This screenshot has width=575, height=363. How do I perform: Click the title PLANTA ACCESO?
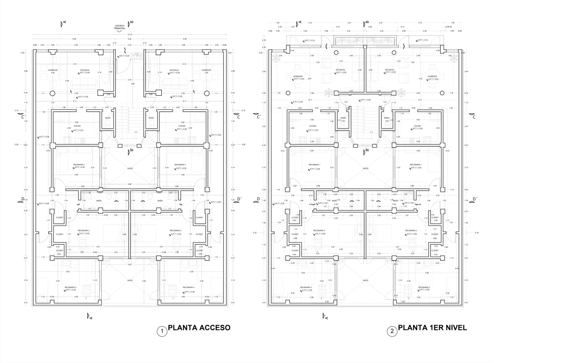(x=199, y=328)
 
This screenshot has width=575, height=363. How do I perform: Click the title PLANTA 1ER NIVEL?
(x=432, y=328)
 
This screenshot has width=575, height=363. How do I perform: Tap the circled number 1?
(x=162, y=332)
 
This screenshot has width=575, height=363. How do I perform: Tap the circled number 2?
(x=392, y=332)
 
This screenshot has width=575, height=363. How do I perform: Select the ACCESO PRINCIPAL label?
(x=120, y=27)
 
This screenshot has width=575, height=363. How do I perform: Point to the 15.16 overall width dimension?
(x=130, y=35)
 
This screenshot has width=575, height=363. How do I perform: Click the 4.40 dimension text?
(x=130, y=184)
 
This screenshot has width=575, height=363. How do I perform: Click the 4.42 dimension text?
(x=130, y=264)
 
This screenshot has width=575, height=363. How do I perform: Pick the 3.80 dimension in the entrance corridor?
(x=133, y=84)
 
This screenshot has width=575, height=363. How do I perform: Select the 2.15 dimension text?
(x=130, y=80)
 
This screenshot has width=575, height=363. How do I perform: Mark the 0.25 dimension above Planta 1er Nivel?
(x=370, y=27)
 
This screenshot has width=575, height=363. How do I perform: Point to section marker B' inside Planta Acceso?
(x=131, y=151)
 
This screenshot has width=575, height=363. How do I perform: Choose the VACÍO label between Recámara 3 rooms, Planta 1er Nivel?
(x=365, y=280)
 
